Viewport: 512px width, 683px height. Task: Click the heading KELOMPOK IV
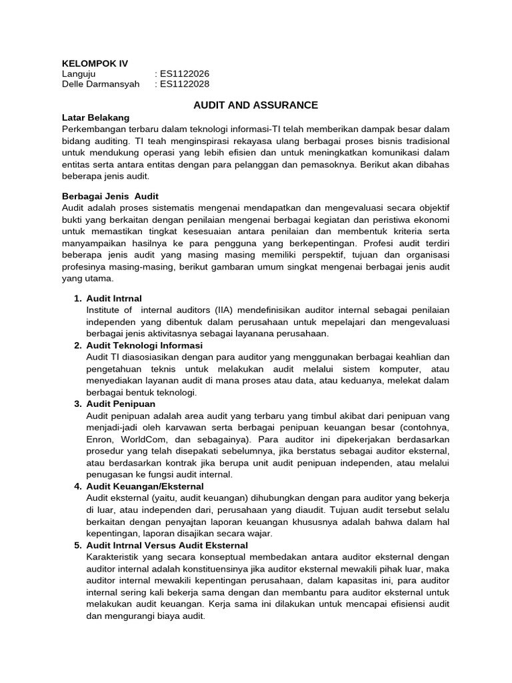pos(94,63)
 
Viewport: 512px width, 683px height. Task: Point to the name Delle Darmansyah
pos(101,84)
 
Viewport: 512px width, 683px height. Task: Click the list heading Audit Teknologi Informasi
pos(145,346)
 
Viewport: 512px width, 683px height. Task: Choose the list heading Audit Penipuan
pos(121,404)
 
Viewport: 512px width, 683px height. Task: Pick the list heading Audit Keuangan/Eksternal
pos(145,486)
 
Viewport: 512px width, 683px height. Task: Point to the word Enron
pos(100,440)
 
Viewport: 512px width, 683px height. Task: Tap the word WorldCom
pos(146,440)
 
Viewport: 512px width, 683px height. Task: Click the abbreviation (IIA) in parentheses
pos(227,310)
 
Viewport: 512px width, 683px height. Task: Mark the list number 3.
pos(77,404)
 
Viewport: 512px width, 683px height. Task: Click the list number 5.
pos(77,545)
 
